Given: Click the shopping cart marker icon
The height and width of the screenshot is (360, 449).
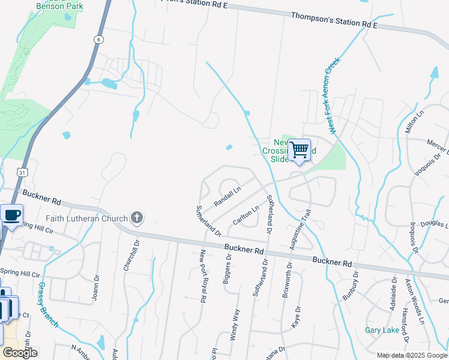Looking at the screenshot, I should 299,149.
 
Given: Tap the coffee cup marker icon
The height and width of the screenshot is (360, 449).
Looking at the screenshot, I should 11,215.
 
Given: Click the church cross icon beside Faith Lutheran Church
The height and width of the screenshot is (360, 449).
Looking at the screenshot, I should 137,217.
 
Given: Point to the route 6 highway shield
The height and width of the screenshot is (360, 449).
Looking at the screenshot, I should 98,40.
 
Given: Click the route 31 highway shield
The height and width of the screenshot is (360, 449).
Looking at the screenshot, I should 22,172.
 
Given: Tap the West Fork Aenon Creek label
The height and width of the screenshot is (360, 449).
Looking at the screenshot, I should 334,95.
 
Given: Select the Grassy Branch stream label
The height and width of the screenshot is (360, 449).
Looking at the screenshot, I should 49,304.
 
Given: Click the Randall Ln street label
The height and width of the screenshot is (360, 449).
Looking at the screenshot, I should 228,195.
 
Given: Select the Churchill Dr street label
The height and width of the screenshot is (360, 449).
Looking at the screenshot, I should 127,255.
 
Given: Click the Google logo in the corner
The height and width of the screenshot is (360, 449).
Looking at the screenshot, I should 20,352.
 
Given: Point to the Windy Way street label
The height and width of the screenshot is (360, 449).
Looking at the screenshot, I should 237,325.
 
